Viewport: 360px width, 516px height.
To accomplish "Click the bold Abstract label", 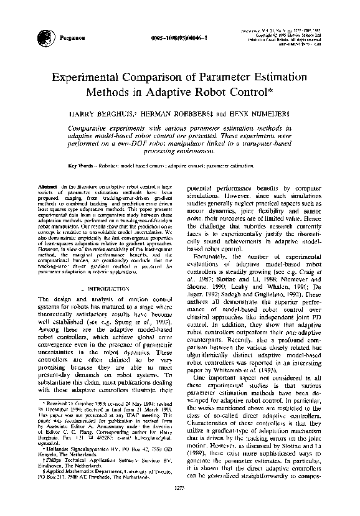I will [49, 187].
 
